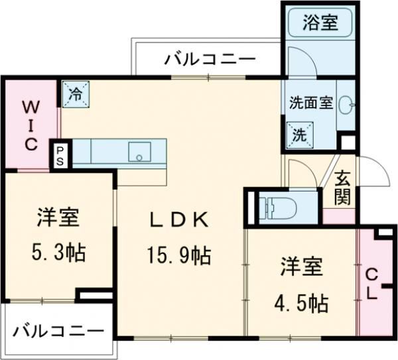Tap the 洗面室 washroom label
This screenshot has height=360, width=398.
310,103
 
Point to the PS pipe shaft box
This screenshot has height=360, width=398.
60,156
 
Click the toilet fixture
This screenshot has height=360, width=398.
279,206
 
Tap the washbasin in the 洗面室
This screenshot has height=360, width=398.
346,103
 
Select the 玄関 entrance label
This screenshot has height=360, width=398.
342,188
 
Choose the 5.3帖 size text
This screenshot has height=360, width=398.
58,252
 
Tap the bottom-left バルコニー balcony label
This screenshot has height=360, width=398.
58,330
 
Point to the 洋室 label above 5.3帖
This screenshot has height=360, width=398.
58,217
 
